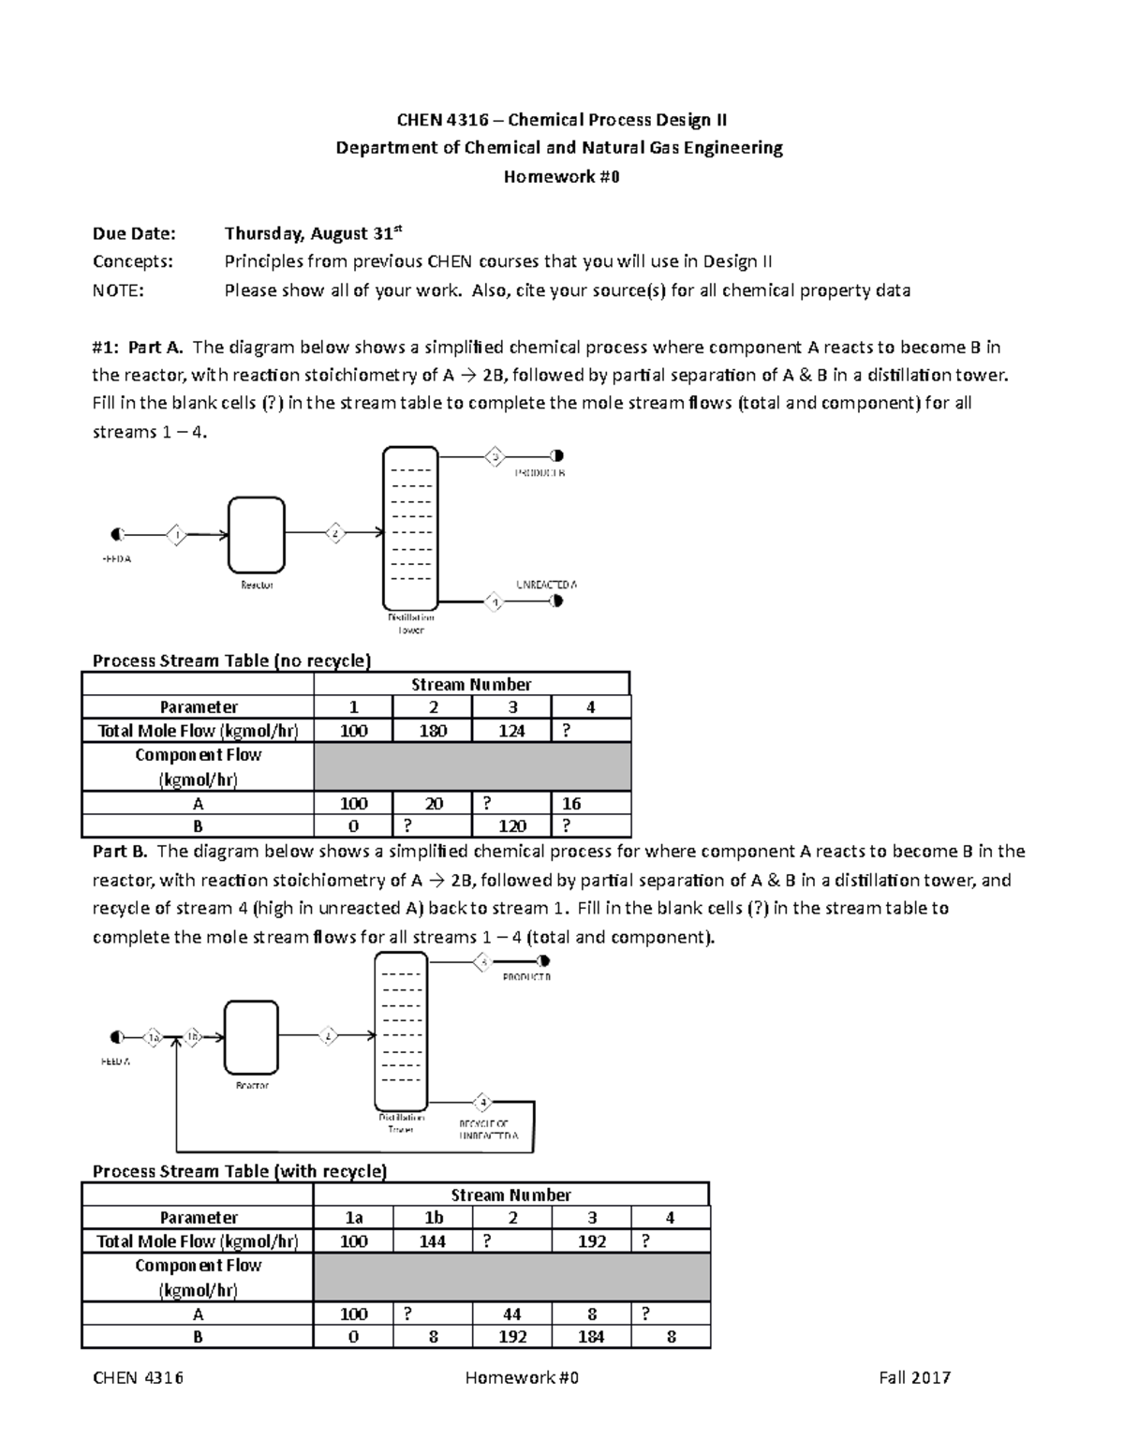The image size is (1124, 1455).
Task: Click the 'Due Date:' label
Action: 134,234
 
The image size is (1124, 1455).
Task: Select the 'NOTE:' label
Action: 118,290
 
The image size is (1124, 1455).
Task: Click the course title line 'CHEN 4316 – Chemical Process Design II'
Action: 561,119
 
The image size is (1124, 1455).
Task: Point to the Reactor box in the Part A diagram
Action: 257,535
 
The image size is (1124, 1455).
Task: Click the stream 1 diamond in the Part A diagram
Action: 176,535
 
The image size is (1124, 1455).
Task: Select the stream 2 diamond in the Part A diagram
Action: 335,533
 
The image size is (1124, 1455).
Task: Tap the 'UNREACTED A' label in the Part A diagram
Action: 547,584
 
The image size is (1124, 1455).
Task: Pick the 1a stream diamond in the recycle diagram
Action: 153,1037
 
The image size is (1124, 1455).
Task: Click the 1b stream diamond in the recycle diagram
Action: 191,1037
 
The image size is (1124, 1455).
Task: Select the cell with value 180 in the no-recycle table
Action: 433,731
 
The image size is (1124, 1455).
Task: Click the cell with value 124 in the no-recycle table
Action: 511,731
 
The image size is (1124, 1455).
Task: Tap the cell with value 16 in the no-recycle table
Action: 590,803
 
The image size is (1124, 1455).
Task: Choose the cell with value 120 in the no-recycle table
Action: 511,826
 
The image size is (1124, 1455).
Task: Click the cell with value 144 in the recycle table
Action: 433,1241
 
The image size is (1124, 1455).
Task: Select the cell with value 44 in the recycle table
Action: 511,1314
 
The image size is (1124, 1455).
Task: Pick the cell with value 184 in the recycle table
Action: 591,1337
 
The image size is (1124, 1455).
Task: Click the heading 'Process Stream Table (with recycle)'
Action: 239,1171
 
